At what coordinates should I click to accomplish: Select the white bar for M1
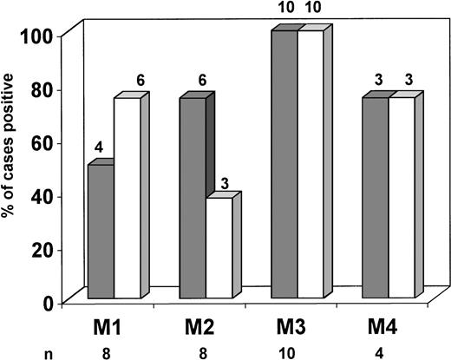[x=127, y=199]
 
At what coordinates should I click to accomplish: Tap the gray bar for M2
[x=192, y=199]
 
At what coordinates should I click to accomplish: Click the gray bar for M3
[x=284, y=165]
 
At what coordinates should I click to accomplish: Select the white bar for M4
[x=402, y=199]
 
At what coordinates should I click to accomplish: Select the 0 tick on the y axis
[x=55, y=303]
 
